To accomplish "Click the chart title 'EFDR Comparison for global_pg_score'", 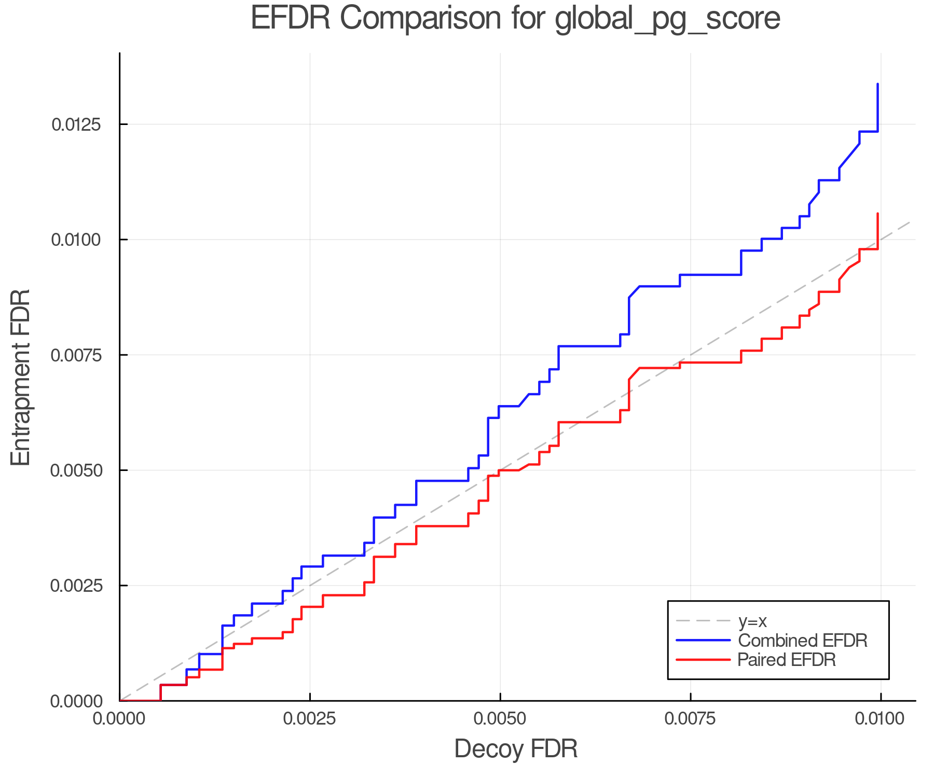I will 515,19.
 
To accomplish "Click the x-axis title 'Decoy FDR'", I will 516,749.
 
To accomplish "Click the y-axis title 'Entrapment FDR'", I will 21,377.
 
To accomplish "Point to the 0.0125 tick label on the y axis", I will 76,124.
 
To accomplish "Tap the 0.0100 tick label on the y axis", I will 76,240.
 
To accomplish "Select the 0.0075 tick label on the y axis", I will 76,355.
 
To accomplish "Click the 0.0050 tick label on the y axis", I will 76,470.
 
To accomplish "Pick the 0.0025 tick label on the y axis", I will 76,586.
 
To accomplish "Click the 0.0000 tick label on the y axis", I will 76,701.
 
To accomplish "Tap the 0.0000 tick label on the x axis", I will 120,719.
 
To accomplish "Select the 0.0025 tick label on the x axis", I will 310,719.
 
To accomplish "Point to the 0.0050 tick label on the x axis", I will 500,719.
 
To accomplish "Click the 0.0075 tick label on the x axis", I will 691,719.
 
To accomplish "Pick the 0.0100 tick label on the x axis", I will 881,719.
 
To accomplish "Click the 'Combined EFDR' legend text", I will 802,641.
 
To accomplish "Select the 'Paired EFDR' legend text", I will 787,660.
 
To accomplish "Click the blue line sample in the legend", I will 703,641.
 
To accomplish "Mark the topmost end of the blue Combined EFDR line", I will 877,84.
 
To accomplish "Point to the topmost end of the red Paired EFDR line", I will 877,213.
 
